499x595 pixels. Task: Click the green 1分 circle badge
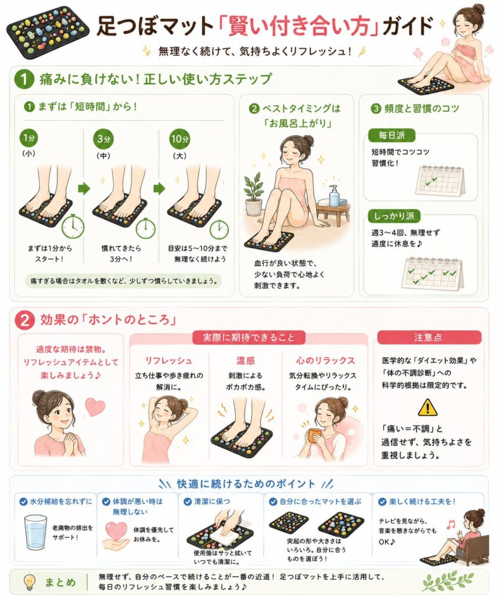click(29, 138)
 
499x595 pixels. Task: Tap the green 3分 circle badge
click(103, 139)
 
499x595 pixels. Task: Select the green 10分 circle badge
click(180, 139)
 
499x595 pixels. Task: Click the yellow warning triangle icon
click(428, 407)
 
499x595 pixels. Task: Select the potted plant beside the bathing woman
click(253, 194)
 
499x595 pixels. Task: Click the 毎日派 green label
click(392, 135)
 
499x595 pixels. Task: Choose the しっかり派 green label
click(394, 216)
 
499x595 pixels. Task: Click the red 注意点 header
click(429, 338)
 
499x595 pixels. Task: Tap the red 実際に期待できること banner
click(249, 338)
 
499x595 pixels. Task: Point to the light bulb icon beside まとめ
click(29, 581)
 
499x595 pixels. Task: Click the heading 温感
click(245, 360)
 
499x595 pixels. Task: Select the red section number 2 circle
click(24, 321)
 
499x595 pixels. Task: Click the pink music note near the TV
click(450, 524)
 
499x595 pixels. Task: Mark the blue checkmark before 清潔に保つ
click(188, 501)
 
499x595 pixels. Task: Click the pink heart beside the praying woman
click(95, 406)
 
